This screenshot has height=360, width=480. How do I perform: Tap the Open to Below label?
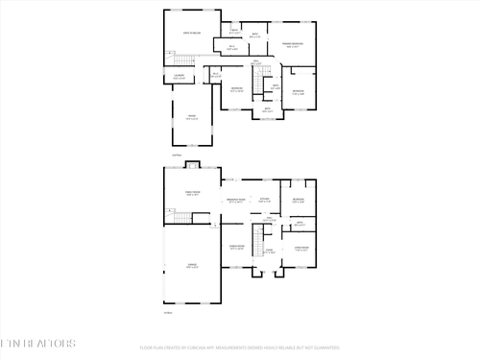click(x=192, y=36)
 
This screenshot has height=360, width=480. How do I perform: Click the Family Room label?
click(x=192, y=193)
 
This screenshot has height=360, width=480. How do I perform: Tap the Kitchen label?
click(x=263, y=200)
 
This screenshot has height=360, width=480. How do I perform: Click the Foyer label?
click(x=270, y=252)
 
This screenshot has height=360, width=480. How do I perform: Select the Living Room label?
click(x=300, y=248)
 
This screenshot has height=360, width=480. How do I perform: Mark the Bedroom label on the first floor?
click(x=299, y=200)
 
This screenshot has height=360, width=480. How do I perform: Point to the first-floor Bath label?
click(x=300, y=223)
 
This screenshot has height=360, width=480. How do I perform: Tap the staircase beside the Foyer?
click(x=258, y=236)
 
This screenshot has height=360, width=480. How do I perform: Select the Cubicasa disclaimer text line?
click(x=240, y=348)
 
